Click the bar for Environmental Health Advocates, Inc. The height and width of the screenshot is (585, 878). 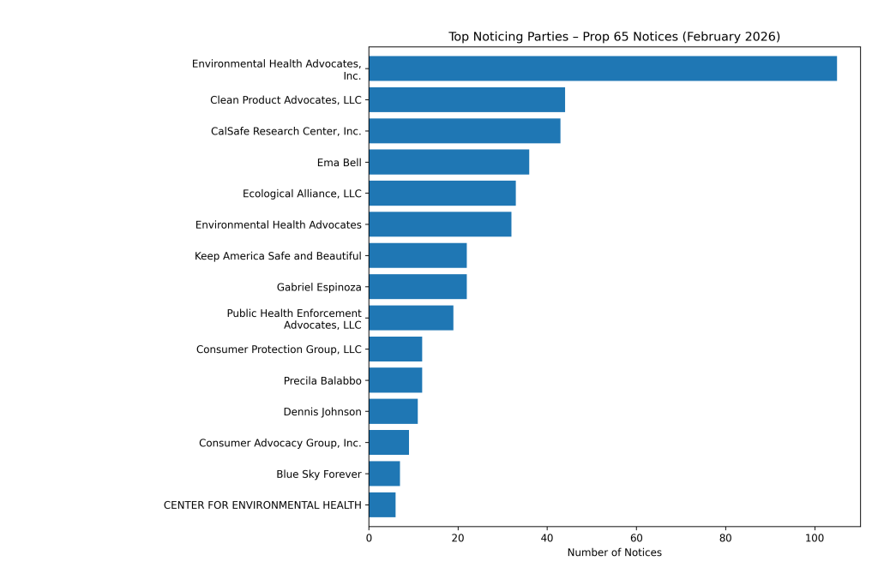(602, 69)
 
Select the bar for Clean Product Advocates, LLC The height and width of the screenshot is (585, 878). (466, 99)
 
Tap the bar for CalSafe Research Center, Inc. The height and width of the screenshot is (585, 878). (464, 131)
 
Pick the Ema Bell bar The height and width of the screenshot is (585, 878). (448, 162)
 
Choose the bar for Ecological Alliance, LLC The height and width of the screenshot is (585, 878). (442, 194)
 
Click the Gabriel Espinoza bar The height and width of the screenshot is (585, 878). (418, 287)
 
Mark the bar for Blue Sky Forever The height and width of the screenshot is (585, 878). (384, 474)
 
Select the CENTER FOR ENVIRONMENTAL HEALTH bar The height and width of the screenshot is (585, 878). (382, 505)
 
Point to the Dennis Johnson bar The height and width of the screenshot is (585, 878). (393, 411)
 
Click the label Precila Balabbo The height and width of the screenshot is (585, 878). (322, 380)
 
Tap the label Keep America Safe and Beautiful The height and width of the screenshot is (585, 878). (278, 255)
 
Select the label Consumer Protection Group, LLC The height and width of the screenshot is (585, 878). (279, 349)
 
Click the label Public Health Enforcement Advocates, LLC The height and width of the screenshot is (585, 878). (294, 319)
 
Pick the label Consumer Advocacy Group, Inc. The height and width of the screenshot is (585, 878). (280, 443)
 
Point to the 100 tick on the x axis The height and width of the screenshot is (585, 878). (815, 538)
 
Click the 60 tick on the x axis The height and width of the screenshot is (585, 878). (636, 538)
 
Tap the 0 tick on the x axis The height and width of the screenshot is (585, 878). (369, 538)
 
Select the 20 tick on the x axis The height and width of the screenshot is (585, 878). (458, 538)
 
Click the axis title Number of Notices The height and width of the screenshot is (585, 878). (614, 553)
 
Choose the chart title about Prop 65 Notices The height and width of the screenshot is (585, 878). (614, 37)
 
